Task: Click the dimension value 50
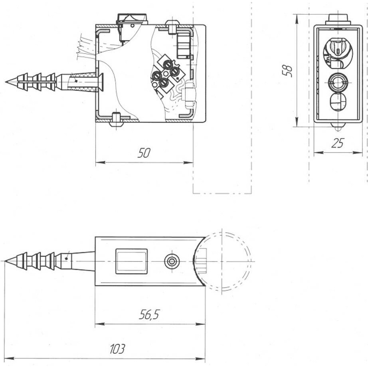pyautogui.click(x=144, y=153)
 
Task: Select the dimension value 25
pyautogui.click(x=338, y=143)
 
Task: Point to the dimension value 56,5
pyautogui.click(x=149, y=314)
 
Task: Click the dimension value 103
pyautogui.click(x=117, y=349)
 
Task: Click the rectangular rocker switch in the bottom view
pyautogui.click(x=131, y=261)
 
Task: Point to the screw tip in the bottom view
pyautogui.click(x=6, y=261)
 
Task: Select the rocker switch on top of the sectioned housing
pyautogui.click(x=132, y=19)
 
